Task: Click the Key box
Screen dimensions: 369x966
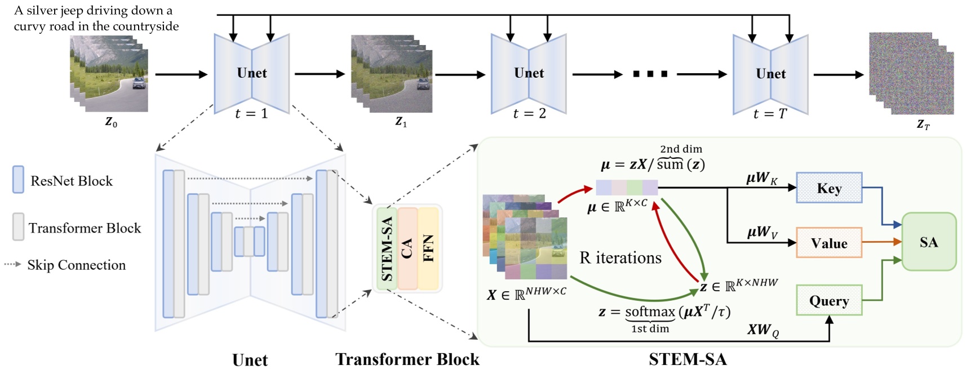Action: click(x=828, y=188)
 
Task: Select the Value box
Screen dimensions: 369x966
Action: click(x=828, y=243)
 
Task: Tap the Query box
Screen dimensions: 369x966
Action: click(x=828, y=301)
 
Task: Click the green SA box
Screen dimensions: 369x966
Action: click(x=928, y=242)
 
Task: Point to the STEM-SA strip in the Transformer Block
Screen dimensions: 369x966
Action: click(x=387, y=248)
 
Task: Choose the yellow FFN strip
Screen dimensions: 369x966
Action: click(x=428, y=248)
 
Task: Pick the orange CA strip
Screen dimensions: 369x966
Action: click(x=407, y=248)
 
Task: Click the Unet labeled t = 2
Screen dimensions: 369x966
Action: click(x=528, y=73)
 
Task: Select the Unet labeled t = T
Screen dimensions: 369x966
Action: click(x=770, y=74)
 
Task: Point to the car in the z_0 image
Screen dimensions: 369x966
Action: click(x=138, y=83)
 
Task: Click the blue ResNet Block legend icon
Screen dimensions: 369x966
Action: click(x=18, y=180)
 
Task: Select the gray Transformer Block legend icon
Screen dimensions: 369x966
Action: click(x=18, y=226)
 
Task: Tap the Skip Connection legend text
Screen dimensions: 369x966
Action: click(x=76, y=265)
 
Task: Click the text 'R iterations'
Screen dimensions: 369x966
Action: click(x=620, y=258)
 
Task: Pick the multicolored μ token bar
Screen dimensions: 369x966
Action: click(x=627, y=187)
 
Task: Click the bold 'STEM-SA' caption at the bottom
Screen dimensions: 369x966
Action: click(x=687, y=359)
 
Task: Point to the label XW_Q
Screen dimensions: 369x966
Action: click(x=763, y=330)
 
